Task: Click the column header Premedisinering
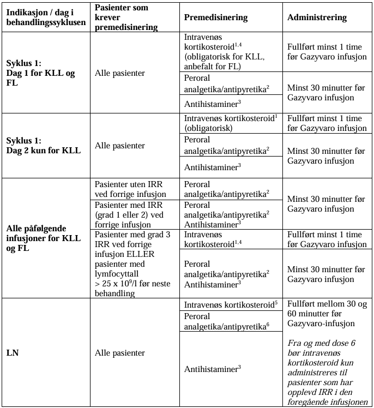(215, 17)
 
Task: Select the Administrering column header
(317, 17)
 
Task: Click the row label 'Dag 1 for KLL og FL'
(41, 77)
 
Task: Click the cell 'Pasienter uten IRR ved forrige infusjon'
(131, 189)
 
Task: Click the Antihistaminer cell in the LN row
(213, 369)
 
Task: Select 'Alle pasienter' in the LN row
(120, 353)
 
